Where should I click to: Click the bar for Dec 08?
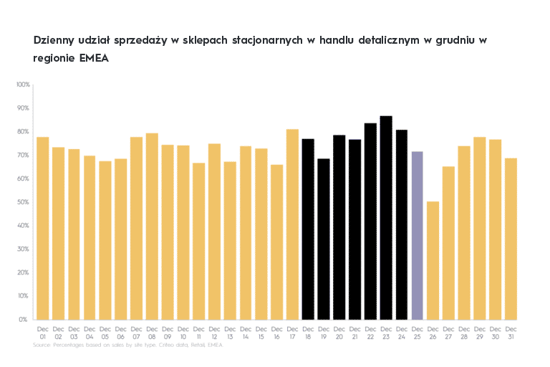tap(152, 226)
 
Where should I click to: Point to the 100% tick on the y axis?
tap(22, 85)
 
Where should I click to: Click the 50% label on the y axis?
tap(24, 202)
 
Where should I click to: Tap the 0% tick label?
tap(25, 319)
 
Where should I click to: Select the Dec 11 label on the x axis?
tap(199, 333)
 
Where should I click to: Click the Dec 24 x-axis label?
tap(402, 333)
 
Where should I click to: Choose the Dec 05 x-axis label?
tap(105, 333)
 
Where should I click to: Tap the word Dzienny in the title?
tap(54, 40)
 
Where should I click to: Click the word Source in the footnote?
tap(42, 345)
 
